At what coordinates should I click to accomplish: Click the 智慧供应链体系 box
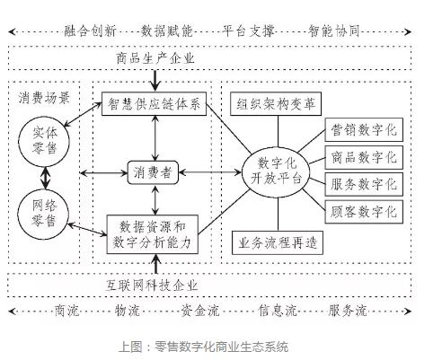pyautogui.click(x=154, y=104)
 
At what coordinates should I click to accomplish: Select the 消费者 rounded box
pyautogui.click(x=153, y=172)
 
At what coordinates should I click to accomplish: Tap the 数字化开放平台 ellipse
pyautogui.click(x=276, y=172)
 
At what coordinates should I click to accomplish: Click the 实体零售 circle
pyautogui.click(x=44, y=142)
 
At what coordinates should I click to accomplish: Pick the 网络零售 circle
pyautogui.click(x=43, y=214)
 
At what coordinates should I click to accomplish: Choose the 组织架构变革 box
pyautogui.click(x=276, y=104)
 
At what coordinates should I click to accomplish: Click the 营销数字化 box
pyautogui.click(x=364, y=129)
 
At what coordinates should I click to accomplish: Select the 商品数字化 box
pyautogui.click(x=364, y=157)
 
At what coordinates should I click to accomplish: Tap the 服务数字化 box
pyautogui.click(x=364, y=184)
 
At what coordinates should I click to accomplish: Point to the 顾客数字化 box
pyautogui.click(x=364, y=212)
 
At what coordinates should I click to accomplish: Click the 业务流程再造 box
pyautogui.click(x=278, y=242)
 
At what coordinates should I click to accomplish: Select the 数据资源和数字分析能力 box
pyautogui.click(x=153, y=234)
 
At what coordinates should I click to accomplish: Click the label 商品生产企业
pyautogui.click(x=155, y=58)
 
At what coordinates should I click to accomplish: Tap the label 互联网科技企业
pyautogui.click(x=152, y=285)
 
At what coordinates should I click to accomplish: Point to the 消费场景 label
pyautogui.click(x=44, y=98)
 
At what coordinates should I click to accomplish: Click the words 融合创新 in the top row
pyautogui.click(x=90, y=31)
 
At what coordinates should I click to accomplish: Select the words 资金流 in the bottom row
pyautogui.click(x=200, y=311)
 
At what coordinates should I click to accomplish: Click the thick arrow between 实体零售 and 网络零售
pyautogui.click(x=45, y=178)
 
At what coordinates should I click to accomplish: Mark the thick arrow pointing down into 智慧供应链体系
pyautogui.click(x=155, y=81)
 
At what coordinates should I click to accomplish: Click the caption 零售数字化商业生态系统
pyautogui.click(x=221, y=347)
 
